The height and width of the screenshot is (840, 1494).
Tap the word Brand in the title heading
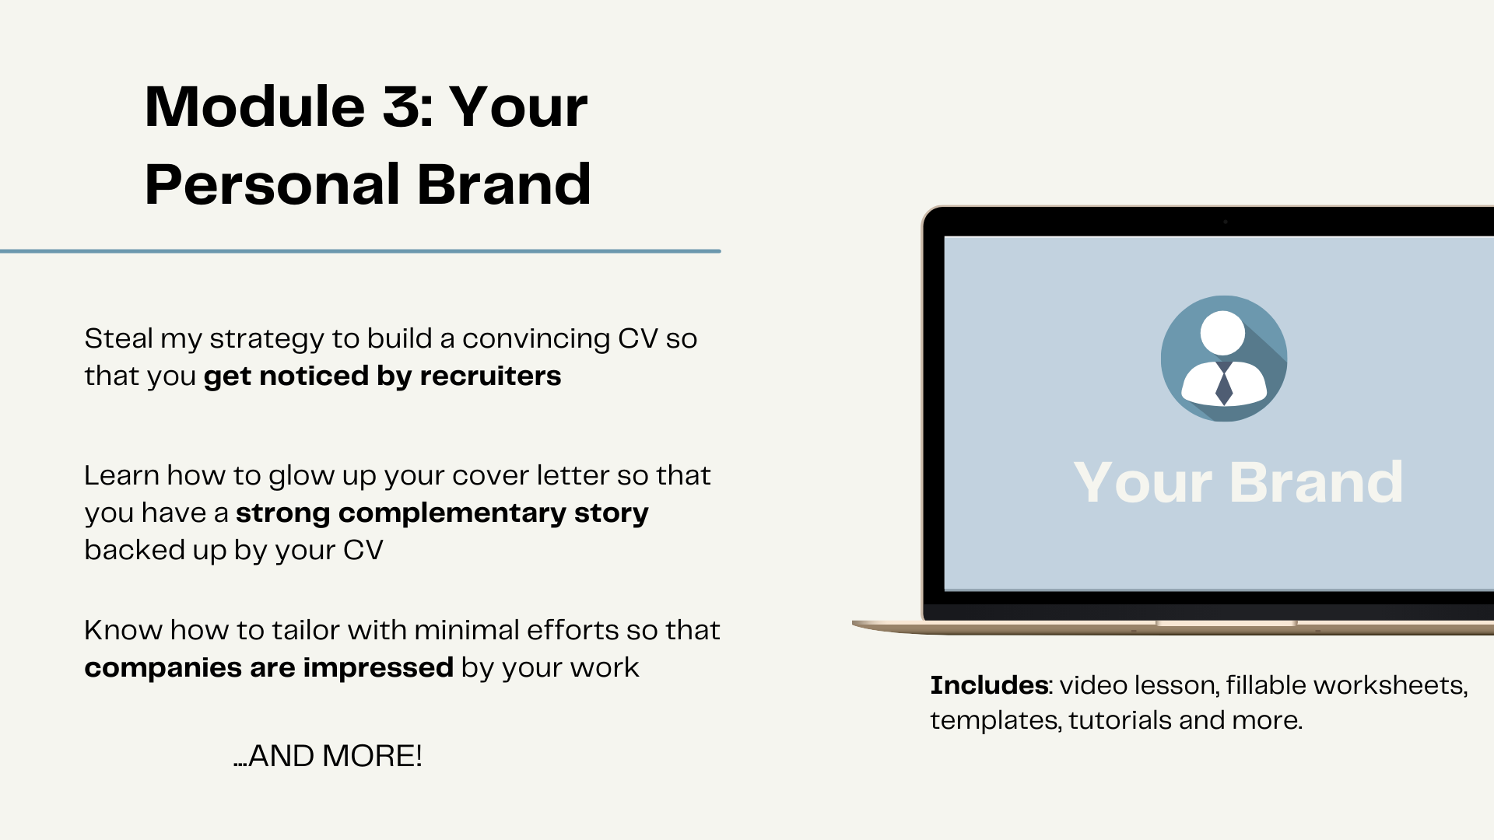[x=504, y=184]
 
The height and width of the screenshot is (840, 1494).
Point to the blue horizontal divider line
[x=360, y=251]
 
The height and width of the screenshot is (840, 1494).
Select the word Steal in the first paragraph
[x=119, y=338]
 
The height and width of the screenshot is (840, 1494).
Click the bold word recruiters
[x=490, y=376]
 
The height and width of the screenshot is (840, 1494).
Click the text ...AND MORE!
[x=328, y=756]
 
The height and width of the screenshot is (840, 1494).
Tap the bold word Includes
[x=989, y=685]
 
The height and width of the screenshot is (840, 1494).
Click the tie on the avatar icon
[x=1224, y=383]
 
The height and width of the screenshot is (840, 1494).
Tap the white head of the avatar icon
[x=1222, y=333]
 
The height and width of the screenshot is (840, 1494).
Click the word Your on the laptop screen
[x=1142, y=483]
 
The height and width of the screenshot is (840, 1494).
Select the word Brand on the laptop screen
[x=1317, y=482]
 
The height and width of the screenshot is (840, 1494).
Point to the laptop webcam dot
[x=1226, y=222]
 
